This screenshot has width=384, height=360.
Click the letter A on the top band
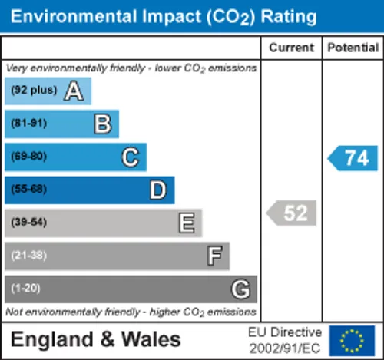[x=74, y=91]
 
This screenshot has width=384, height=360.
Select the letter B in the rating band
[x=103, y=124]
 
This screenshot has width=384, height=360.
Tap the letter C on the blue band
[x=131, y=157]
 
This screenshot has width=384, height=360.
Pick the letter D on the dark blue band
[x=158, y=190]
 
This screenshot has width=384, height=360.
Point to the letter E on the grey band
[x=187, y=223]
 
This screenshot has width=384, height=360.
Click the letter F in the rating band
[x=214, y=256]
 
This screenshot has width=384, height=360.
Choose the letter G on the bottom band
[x=240, y=289]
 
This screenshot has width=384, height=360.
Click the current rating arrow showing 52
[x=291, y=213]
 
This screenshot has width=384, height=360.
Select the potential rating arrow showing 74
[x=353, y=158]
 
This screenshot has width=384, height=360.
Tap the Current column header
[x=291, y=48]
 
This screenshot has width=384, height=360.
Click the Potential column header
[x=353, y=48]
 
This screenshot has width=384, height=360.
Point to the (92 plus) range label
[x=34, y=90]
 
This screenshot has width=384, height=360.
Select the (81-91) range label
[x=28, y=123]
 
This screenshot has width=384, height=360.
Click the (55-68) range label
[x=28, y=189]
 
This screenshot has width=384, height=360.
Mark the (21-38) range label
[x=28, y=255]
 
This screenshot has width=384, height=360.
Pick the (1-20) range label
[x=25, y=288]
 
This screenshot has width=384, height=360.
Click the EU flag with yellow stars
[x=352, y=341]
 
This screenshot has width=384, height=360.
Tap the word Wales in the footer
[x=151, y=339]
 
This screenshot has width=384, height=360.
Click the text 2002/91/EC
[x=285, y=348]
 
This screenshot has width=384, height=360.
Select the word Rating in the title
[x=289, y=18]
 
